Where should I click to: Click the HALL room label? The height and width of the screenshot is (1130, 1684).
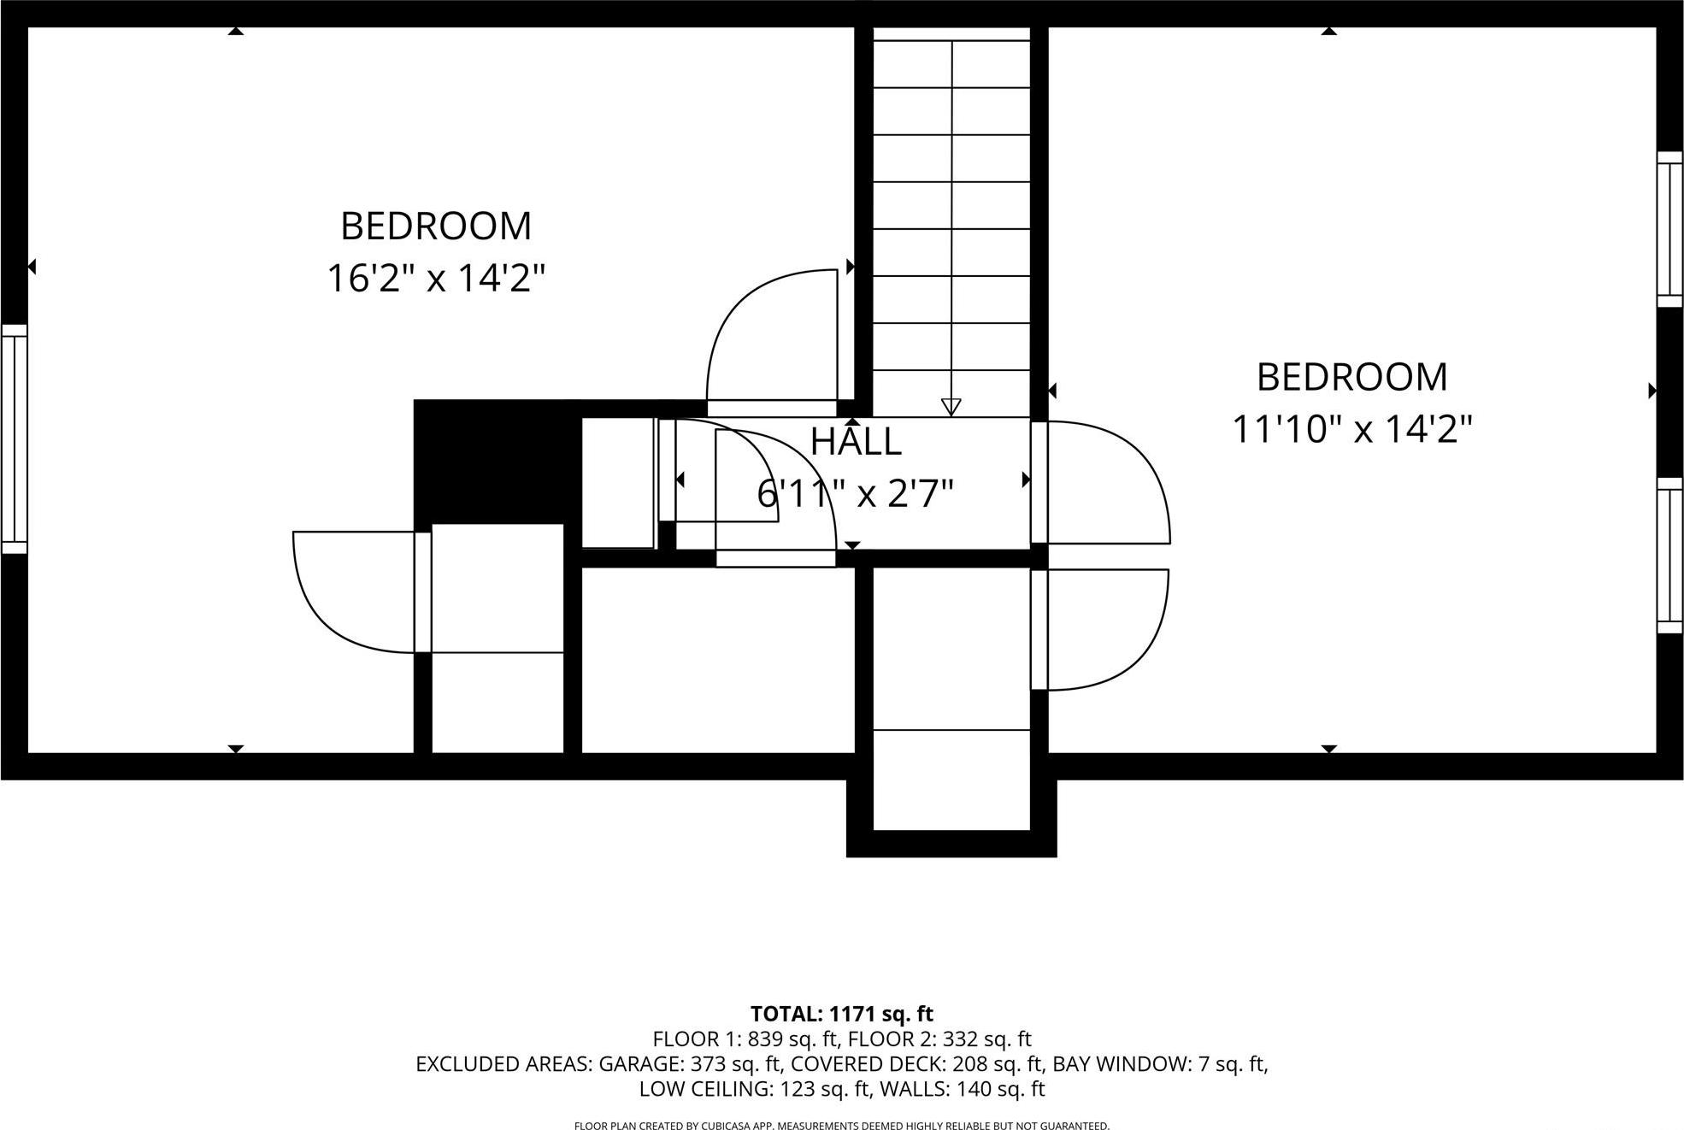[x=856, y=442]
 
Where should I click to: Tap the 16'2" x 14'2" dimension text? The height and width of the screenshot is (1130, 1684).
[x=436, y=279]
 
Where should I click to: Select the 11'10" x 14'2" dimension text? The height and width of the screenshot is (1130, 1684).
[x=1351, y=429]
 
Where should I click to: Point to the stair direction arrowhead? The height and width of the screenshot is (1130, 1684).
[x=951, y=407]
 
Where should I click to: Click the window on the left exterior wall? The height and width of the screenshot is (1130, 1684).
[x=15, y=438]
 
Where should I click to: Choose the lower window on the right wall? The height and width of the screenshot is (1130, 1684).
[x=1669, y=556]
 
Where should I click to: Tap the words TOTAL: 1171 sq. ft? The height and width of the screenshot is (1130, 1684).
[x=841, y=1014]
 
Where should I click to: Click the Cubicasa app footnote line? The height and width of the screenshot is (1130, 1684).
[x=841, y=1126]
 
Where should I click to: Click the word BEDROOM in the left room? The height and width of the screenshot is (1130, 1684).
[x=436, y=227]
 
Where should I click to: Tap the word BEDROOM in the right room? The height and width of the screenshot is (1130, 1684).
[x=1351, y=377]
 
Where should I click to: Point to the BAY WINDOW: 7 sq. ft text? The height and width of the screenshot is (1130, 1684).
[x=1159, y=1064]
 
